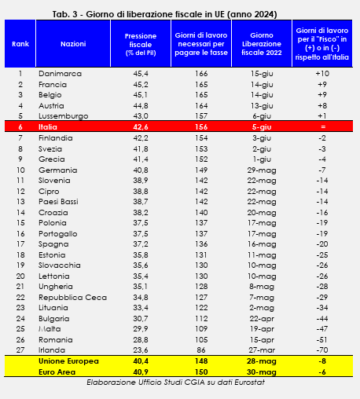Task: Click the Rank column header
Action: pos(20,44)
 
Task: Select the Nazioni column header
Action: pos(73,44)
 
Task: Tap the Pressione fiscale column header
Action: pos(141,44)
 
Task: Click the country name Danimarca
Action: pos(60,74)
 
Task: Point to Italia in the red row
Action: pos(48,127)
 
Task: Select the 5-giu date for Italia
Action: pos(262,127)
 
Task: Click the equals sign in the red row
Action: pos(323,126)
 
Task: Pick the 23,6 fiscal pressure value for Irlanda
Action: pos(141,350)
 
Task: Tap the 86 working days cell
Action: pos(201,350)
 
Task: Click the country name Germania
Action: pos(58,170)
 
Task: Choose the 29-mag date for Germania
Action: pos(262,170)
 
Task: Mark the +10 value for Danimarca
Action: pos(322,74)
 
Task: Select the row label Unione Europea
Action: pos(68,361)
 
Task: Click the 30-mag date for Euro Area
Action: pos(262,372)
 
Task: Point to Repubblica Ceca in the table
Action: pos(72,298)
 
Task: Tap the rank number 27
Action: pos(20,350)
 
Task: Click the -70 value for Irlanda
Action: pos(322,350)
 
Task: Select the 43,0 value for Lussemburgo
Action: pos(141,116)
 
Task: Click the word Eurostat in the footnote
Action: pos(249,383)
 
